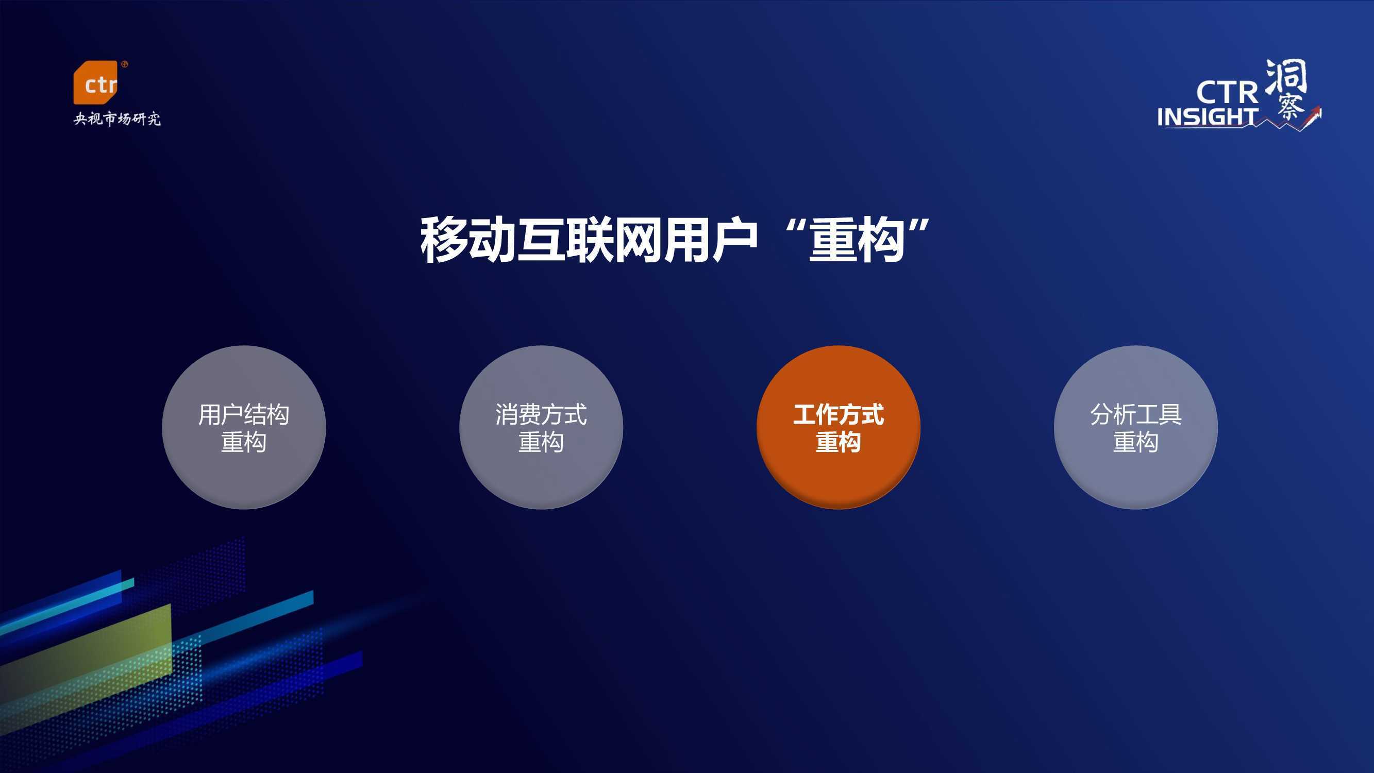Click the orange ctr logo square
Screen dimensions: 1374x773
coord(95,82)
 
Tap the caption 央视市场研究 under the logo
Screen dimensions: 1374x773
coord(117,119)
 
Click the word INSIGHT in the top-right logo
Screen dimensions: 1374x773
coord(1207,117)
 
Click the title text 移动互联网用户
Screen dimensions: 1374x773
coord(589,240)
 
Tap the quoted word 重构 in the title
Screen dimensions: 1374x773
coord(856,240)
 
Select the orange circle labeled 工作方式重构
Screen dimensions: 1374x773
coord(838,427)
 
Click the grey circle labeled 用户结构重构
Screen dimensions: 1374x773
coord(244,427)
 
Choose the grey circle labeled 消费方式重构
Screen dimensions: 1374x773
coord(541,427)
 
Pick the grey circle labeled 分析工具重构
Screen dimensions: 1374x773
coord(1135,427)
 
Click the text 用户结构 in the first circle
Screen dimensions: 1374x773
coord(244,414)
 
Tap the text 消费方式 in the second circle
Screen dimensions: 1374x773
coord(541,414)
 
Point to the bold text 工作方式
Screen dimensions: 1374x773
coord(838,414)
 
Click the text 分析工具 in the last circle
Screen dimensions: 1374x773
coord(1135,414)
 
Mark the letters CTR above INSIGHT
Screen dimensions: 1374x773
coord(1227,92)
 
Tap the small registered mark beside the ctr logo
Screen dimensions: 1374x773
coord(125,64)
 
